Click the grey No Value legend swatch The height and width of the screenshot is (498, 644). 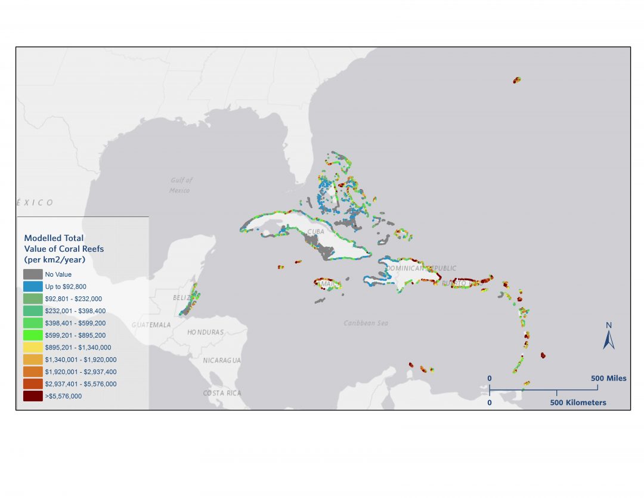click(33, 274)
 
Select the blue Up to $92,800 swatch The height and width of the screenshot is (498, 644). click(33, 286)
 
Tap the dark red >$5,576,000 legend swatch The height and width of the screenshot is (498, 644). click(33, 396)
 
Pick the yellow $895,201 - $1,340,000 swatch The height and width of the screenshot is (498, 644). click(33, 347)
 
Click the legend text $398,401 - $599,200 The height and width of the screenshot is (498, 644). click(74, 323)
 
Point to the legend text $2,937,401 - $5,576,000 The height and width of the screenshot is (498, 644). click(80, 384)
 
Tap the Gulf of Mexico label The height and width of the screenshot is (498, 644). click(180, 185)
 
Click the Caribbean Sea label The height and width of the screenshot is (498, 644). click(366, 323)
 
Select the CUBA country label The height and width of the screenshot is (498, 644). click(315, 231)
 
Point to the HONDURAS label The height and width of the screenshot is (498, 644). click(205, 332)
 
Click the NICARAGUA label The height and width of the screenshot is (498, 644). click(221, 360)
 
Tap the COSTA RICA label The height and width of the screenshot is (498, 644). click(222, 393)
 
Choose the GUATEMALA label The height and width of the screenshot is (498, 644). click(151, 325)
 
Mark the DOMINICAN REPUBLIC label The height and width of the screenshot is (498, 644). click(421, 268)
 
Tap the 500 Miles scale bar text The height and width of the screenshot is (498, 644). click(608, 378)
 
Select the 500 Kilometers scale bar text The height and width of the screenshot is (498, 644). click(578, 403)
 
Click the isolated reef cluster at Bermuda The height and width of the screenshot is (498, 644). click(517, 79)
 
